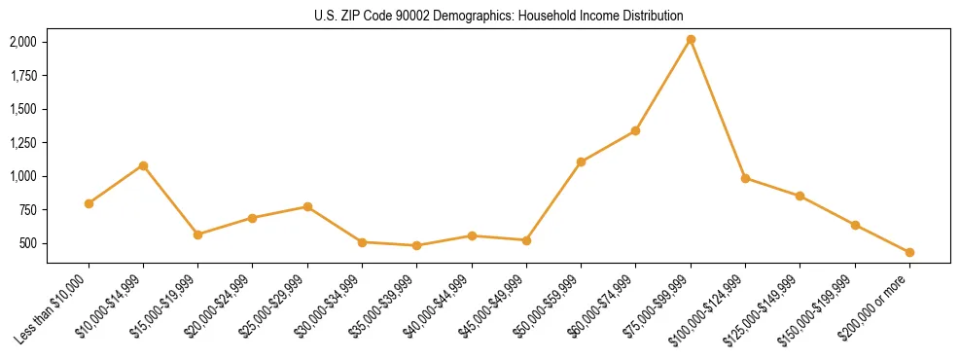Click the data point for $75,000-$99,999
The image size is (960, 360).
pyautogui.click(x=691, y=40)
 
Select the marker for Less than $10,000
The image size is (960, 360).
pyautogui.click(x=89, y=203)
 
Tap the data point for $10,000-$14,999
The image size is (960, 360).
pyautogui.click(x=143, y=165)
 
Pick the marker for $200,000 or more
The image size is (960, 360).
pyautogui.click(x=909, y=252)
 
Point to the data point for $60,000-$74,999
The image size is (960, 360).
pyautogui.click(x=635, y=130)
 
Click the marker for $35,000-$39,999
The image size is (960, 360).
pyautogui.click(x=416, y=245)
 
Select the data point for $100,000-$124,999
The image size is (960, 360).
pyautogui.click(x=745, y=178)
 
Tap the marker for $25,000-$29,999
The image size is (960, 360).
pyautogui.click(x=307, y=206)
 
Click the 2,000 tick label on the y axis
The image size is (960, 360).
pyautogui.click(x=23, y=42)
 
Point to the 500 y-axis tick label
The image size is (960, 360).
pyautogui.click(x=28, y=243)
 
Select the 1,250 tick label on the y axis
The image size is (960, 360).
pyautogui.click(x=23, y=143)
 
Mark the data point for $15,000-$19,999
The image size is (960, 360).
pyautogui.click(x=197, y=234)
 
